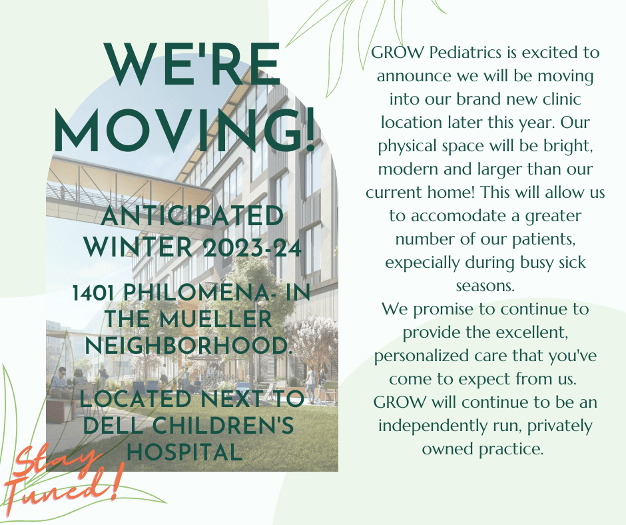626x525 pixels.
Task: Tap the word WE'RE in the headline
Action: pos(192,63)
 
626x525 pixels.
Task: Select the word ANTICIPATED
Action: pos(192,216)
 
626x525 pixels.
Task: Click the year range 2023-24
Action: pos(252,248)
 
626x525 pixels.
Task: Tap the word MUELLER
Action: pos(215,319)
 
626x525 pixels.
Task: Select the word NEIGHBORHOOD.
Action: pos(189,345)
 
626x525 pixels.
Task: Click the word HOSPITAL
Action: pos(185,452)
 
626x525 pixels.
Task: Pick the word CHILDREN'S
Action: pos(223,425)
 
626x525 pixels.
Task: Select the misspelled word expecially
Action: pos(422,263)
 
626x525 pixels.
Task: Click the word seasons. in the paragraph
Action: pos(485,286)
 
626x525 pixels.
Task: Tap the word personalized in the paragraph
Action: pos(422,356)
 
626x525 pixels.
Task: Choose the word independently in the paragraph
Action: pos(433,426)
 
